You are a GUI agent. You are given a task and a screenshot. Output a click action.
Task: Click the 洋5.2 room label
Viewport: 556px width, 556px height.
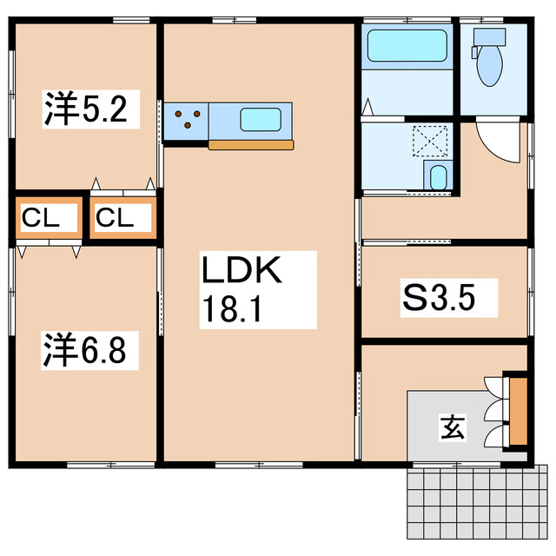point(86,110)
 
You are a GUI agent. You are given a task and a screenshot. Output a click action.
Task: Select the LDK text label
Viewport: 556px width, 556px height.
point(242,271)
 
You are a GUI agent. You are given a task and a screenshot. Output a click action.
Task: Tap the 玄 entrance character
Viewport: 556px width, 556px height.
point(451,427)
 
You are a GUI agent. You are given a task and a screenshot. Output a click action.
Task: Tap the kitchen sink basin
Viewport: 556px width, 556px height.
point(260,119)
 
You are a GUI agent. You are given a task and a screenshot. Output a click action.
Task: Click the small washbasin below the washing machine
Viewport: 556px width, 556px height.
point(438,177)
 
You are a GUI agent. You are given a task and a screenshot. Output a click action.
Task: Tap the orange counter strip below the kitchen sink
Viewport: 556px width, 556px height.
point(251,144)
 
